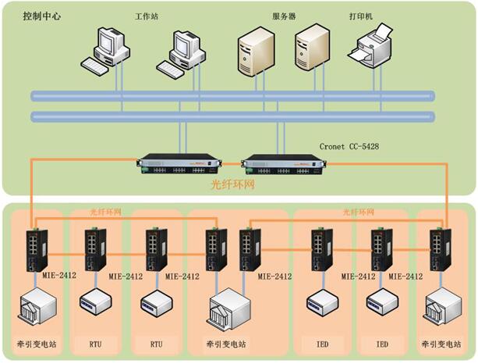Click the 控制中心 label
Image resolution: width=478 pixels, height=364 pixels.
pos(42,16)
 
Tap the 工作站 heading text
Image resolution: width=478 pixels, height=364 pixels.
pos(147,16)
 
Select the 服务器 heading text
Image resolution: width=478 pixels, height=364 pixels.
pos(284,16)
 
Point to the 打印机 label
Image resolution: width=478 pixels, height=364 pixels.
pos(361,16)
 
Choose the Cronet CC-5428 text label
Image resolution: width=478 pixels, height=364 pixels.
pos(349,147)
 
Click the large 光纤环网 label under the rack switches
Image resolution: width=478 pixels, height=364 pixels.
pos(233,184)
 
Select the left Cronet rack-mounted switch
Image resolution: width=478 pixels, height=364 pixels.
pos(179,164)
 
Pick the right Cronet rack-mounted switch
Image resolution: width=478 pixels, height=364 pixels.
pos(284,164)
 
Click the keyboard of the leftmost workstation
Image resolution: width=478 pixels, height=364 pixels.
pos(94,65)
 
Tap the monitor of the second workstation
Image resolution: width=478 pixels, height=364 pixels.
pos(186,44)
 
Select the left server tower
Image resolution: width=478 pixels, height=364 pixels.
pos(256,52)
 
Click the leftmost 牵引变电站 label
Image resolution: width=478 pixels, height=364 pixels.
pos(37,344)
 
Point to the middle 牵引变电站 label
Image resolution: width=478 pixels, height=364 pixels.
pos(226,344)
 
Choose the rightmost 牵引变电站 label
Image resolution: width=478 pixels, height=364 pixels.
pos(441,344)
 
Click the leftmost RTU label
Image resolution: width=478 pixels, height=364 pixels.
pos(95,344)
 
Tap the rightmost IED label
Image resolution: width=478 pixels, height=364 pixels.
pos(382,344)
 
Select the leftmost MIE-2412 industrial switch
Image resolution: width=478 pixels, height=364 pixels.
pos(37,250)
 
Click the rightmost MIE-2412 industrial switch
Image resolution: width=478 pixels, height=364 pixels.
pos(441,249)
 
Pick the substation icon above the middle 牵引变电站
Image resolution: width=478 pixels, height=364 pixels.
pos(229,309)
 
